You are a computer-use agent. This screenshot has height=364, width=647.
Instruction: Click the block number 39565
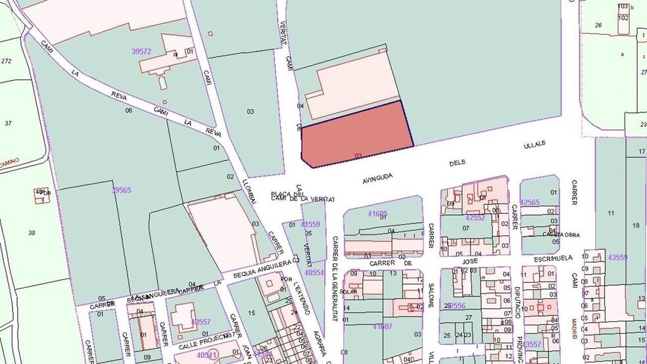(x=121, y=190)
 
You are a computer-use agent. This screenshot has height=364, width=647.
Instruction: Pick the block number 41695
(x=377, y=214)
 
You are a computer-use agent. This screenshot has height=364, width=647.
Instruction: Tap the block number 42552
(x=475, y=217)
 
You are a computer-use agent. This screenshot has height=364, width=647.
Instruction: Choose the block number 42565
(x=529, y=202)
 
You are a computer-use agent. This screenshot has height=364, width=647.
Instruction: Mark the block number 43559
(x=618, y=258)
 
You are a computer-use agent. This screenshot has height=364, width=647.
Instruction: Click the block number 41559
(x=310, y=224)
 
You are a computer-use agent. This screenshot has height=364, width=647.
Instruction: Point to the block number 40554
(x=314, y=272)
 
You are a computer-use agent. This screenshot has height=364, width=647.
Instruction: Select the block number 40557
(x=201, y=322)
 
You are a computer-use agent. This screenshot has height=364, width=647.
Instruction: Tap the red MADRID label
(x=574, y=329)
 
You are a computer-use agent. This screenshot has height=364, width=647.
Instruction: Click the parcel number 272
(x=7, y=61)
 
